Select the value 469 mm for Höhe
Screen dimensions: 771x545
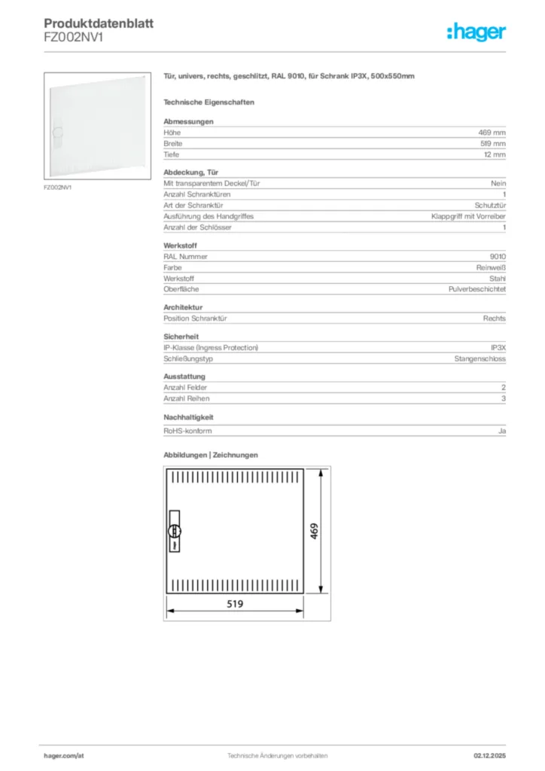[x=494, y=133]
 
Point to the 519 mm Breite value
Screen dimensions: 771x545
[x=493, y=143]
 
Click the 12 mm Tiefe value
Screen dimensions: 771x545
[x=495, y=154]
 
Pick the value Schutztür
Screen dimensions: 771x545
[x=490, y=205]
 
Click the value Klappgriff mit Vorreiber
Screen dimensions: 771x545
[x=468, y=216]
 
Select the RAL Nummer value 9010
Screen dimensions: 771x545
[x=498, y=256]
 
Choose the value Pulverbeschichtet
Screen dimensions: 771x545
[x=477, y=289]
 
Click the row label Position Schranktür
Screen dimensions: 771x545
[x=195, y=318]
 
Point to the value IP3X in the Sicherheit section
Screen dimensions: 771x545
[x=498, y=348]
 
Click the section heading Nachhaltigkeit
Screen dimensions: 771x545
[x=189, y=416]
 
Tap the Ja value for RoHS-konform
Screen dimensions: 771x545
[x=502, y=431]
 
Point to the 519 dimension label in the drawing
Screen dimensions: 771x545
[x=234, y=604]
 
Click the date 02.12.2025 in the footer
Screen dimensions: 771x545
[x=489, y=755]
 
